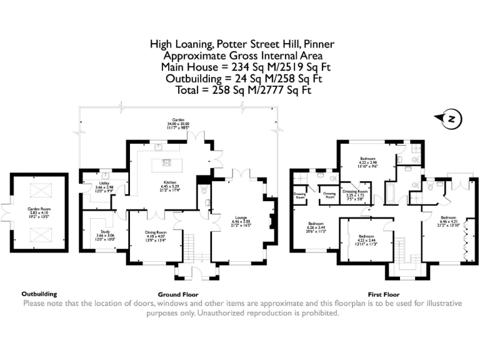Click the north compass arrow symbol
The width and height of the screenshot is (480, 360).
pyautogui.click(x=450, y=119)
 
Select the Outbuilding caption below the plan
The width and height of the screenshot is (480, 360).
pyautogui.click(x=39, y=293)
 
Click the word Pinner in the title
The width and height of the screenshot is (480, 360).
pyautogui.click(x=318, y=44)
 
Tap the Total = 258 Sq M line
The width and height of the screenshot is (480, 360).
pyautogui.click(x=240, y=91)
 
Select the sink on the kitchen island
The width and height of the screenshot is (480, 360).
pyautogui.click(x=167, y=162)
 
